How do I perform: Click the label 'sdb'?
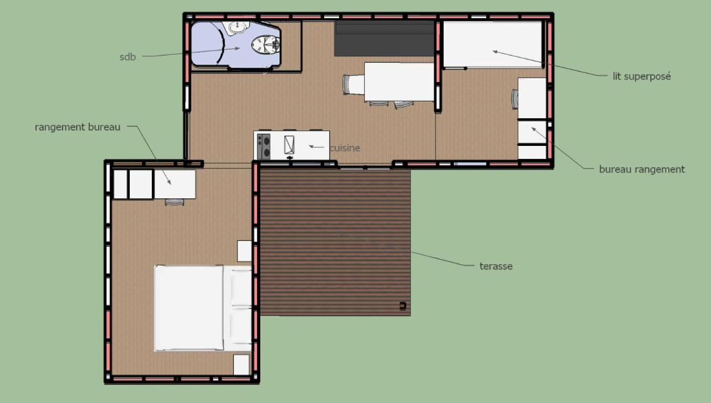coord(127,57)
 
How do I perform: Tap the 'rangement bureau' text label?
coord(77,127)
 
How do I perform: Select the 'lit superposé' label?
coord(642,76)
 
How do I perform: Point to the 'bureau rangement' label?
coord(642,170)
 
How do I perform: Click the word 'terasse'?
coord(496,266)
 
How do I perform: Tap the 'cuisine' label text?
coord(345,149)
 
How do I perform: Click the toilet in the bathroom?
coord(265,45)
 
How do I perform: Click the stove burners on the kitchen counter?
coord(263,146)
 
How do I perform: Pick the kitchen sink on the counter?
coord(289,145)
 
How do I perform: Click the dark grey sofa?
coord(384,39)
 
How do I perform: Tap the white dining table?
coord(400,81)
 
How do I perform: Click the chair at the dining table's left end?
coord(353,85)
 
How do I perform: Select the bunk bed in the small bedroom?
coord(493,45)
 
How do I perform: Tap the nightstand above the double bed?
coord(244,251)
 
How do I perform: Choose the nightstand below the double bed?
coord(242,364)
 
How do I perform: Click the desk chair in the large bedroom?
coord(174,202)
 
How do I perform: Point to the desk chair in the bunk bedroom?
coord(515,99)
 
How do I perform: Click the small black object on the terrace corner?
coord(403,306)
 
